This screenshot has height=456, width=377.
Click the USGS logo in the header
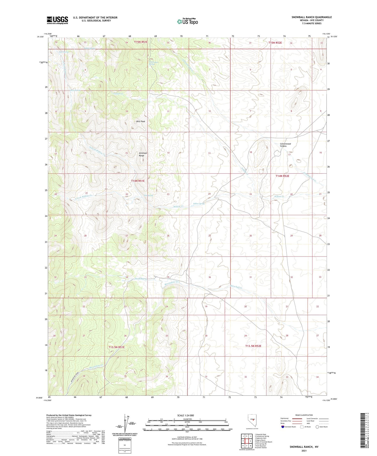click(x=57, y=20)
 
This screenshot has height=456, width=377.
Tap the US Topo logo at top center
click(x=187, y=21)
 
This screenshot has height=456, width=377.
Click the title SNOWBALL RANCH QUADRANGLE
click(x=311, y=17)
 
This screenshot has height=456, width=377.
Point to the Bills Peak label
click(x=141, y=121)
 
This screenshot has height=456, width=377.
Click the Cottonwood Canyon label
click(x=285, y=145)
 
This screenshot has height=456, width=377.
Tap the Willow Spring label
click(x=199, y=204)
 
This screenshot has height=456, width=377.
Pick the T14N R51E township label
click(x=138, y=181)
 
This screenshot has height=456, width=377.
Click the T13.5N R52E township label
click(x=253, y=346)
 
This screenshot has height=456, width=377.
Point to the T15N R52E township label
click(x=275, y=43)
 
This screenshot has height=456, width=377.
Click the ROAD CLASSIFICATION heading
click(x=304, y=415)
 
